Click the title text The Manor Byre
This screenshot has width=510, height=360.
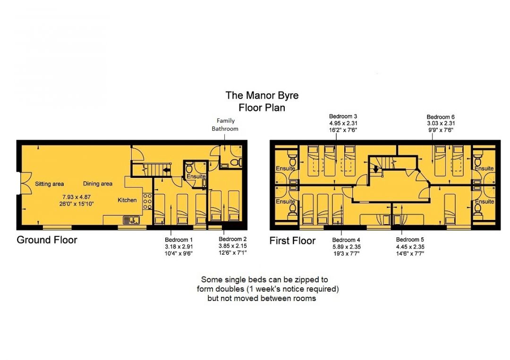262,95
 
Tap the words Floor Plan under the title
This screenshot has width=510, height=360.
262,108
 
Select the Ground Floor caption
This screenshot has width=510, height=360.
47,240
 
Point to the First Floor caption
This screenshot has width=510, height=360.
292,241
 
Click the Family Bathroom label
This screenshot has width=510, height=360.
225,125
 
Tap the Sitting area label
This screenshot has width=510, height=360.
50,184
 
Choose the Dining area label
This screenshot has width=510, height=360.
98,184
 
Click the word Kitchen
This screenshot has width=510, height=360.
127,200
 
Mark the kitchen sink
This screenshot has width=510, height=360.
131,220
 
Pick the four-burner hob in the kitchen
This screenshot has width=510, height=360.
147,201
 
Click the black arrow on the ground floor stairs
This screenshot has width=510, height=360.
167,169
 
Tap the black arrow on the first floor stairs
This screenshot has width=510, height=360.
376,169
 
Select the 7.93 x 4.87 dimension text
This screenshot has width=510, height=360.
76,197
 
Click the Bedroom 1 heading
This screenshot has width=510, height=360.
178,240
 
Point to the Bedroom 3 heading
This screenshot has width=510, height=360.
343,117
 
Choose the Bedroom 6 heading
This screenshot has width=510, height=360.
441,117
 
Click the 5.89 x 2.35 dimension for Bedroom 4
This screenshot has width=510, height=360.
347,247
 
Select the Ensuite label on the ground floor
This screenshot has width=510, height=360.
196,176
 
